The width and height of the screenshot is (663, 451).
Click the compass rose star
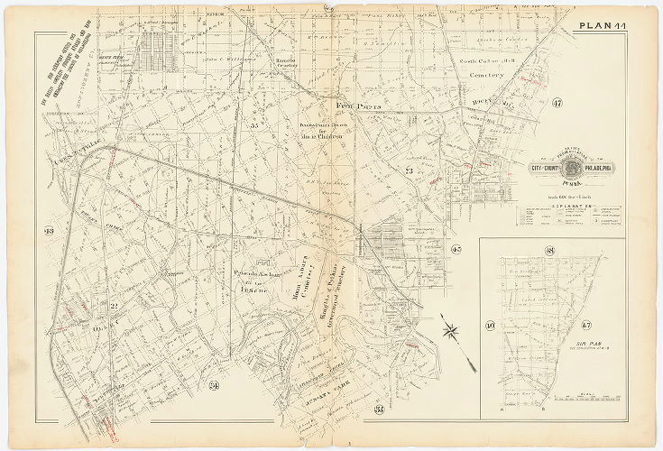(x=451, y=330)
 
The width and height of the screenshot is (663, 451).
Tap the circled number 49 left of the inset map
(x=491, y=325)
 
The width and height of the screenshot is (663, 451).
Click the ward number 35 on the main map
(x=254, y=126)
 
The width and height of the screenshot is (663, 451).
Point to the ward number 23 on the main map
(x=409, y=170)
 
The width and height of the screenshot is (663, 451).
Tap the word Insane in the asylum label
(x=250, y=290)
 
